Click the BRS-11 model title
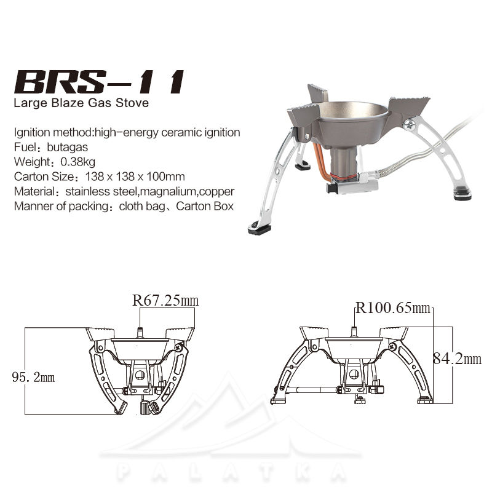pyautogui.click(x=99, y=82)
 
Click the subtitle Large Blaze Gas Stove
pyautogui.click(x=81, y=103)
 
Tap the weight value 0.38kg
pyautogui.click(x=78, y=162)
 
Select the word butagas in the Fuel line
pyautogui.click(x=68, y=147)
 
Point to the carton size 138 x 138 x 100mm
pyautogui.click(x=135, y=177)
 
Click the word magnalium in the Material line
pyautogui.click(x=168, y=191)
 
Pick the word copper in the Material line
pyautogui.click(x=217, y=191)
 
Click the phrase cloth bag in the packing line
pyautogui.click(x=142, y=206)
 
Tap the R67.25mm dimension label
pyautogui.click(x=165, y=300)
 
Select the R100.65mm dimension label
pyautogui.click(x=393, y=308)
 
